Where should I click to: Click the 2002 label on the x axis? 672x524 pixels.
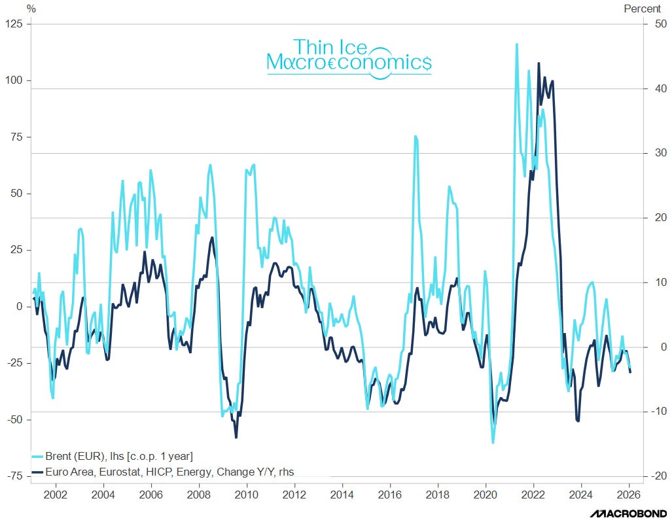click(x=55, y=495)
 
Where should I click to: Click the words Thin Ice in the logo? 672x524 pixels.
click(x=330, y=46)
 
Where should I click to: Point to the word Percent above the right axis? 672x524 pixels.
click(x=644, y=9)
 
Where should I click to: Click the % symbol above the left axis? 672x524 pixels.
click(x=31, y=9)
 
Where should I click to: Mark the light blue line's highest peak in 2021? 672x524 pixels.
click(x=517, y=44)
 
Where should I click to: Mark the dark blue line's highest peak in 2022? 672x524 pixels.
click(x=539, y=63)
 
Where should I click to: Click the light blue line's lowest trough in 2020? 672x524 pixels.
click(x=493, y=443)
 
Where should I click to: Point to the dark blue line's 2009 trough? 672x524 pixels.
click(x=236, y=437)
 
